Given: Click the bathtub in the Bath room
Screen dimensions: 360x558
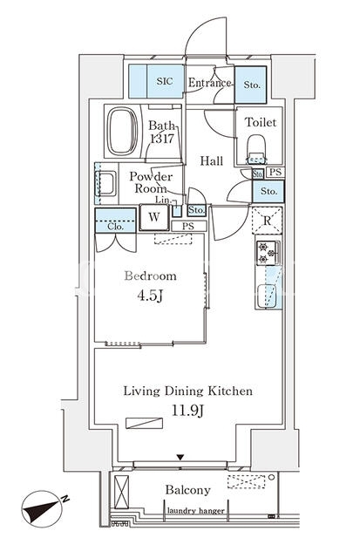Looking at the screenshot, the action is point(123,131).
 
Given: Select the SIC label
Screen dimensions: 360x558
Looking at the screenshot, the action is point(165,81).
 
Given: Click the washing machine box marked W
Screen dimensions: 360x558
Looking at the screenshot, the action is point(154,217).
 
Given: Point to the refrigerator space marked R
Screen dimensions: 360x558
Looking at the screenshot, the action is point(267,221).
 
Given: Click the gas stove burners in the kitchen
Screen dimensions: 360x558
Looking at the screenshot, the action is point(268,253).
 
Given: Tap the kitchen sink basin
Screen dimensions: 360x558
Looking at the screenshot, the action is point(268,296).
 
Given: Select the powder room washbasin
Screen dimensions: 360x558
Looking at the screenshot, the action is point(106,184).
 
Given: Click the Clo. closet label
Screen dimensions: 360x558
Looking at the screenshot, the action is point(115,227).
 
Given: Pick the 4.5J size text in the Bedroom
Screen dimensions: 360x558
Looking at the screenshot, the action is point(150,296).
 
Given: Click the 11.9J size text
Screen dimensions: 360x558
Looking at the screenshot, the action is point(187,411).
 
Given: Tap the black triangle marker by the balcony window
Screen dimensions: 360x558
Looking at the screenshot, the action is point(180,457).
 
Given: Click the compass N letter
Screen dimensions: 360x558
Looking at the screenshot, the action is point(65,499).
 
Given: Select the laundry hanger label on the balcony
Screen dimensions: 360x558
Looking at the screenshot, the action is point(195,511).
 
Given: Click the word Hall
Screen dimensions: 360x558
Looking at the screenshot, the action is point(212,160).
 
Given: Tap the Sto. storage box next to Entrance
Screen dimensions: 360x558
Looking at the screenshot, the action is point(251,85).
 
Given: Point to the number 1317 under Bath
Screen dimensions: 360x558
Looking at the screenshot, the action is point(162,139).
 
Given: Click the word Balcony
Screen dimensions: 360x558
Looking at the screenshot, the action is point(187,490).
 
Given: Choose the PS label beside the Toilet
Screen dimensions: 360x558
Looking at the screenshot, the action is point(275,173).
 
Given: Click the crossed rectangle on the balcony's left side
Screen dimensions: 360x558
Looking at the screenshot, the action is point(122,492).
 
